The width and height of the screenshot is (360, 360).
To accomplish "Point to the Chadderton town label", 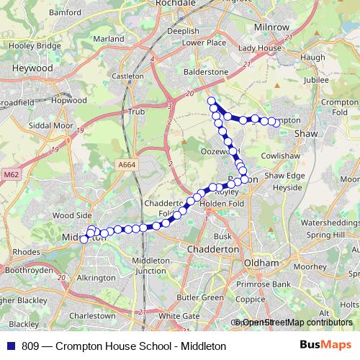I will [x=212, y=248].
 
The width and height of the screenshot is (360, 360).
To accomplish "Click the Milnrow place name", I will [x=271, y=27].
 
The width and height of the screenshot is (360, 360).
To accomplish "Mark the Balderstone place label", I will [x=207, y=73].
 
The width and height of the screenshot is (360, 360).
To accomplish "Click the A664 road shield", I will [x=127, y=165].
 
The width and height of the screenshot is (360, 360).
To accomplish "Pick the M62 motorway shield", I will [x=10, y=174].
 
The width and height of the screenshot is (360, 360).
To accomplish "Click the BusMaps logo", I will [x=325, y=346].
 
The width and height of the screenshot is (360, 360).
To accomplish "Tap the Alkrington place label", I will [x=96, y=277].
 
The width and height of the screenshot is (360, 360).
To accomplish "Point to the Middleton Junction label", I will [x=150, y=265].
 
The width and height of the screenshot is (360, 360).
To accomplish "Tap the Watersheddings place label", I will [x=331, y=223].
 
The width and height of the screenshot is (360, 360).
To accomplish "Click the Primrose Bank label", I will [x=265, y=284].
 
